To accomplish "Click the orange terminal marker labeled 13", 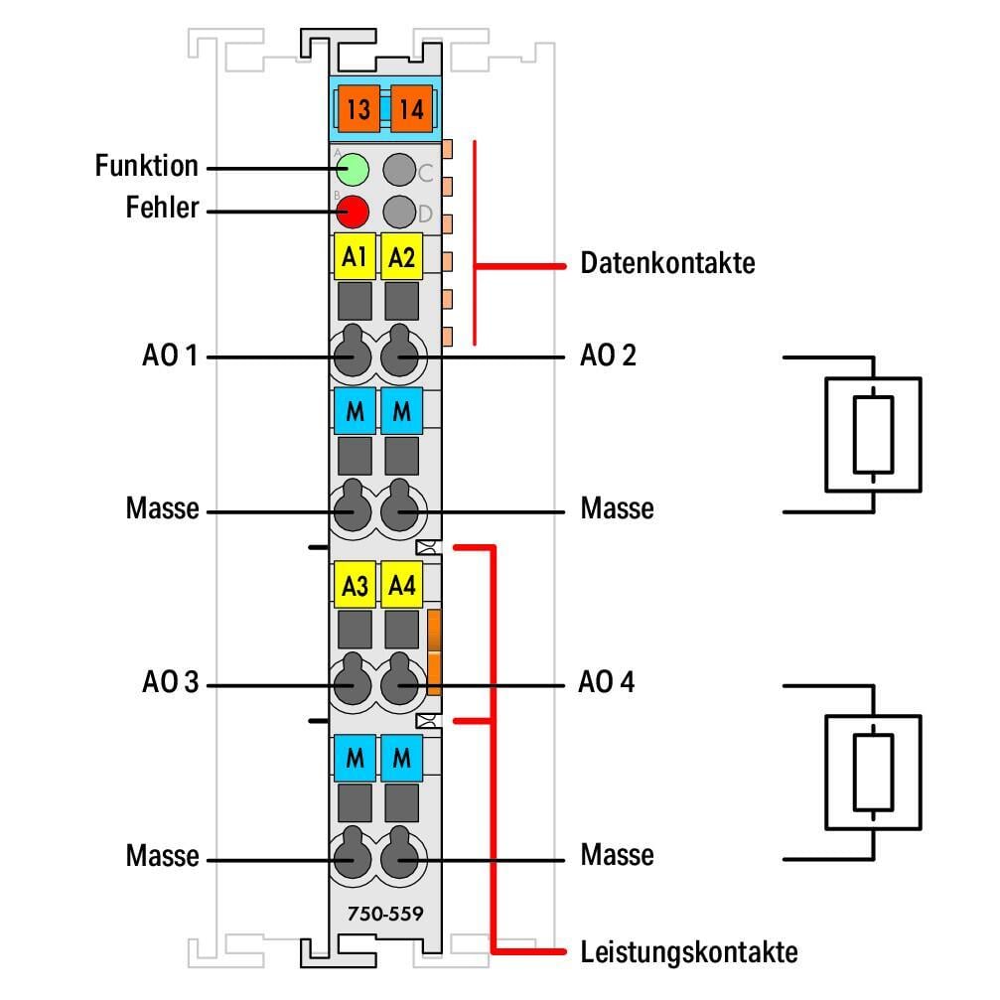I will coord(357,109).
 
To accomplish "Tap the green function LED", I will coord(352,170).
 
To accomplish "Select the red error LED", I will coord(352,211).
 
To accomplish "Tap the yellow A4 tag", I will coord(401,586).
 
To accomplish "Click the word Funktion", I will coord(147,165).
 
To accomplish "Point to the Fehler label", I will coord(162,209).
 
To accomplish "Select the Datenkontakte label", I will coord(667,264).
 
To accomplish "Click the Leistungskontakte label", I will coord(688,952).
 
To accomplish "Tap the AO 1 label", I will coord(169,355).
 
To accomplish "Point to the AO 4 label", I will coord(607,683).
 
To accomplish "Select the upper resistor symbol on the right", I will coord(873,434).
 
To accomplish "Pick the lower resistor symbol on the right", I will coord(873,772).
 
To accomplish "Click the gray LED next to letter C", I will coord(399,170).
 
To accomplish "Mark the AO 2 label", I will coord(608,355).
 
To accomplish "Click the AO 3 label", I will coord(170,683).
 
